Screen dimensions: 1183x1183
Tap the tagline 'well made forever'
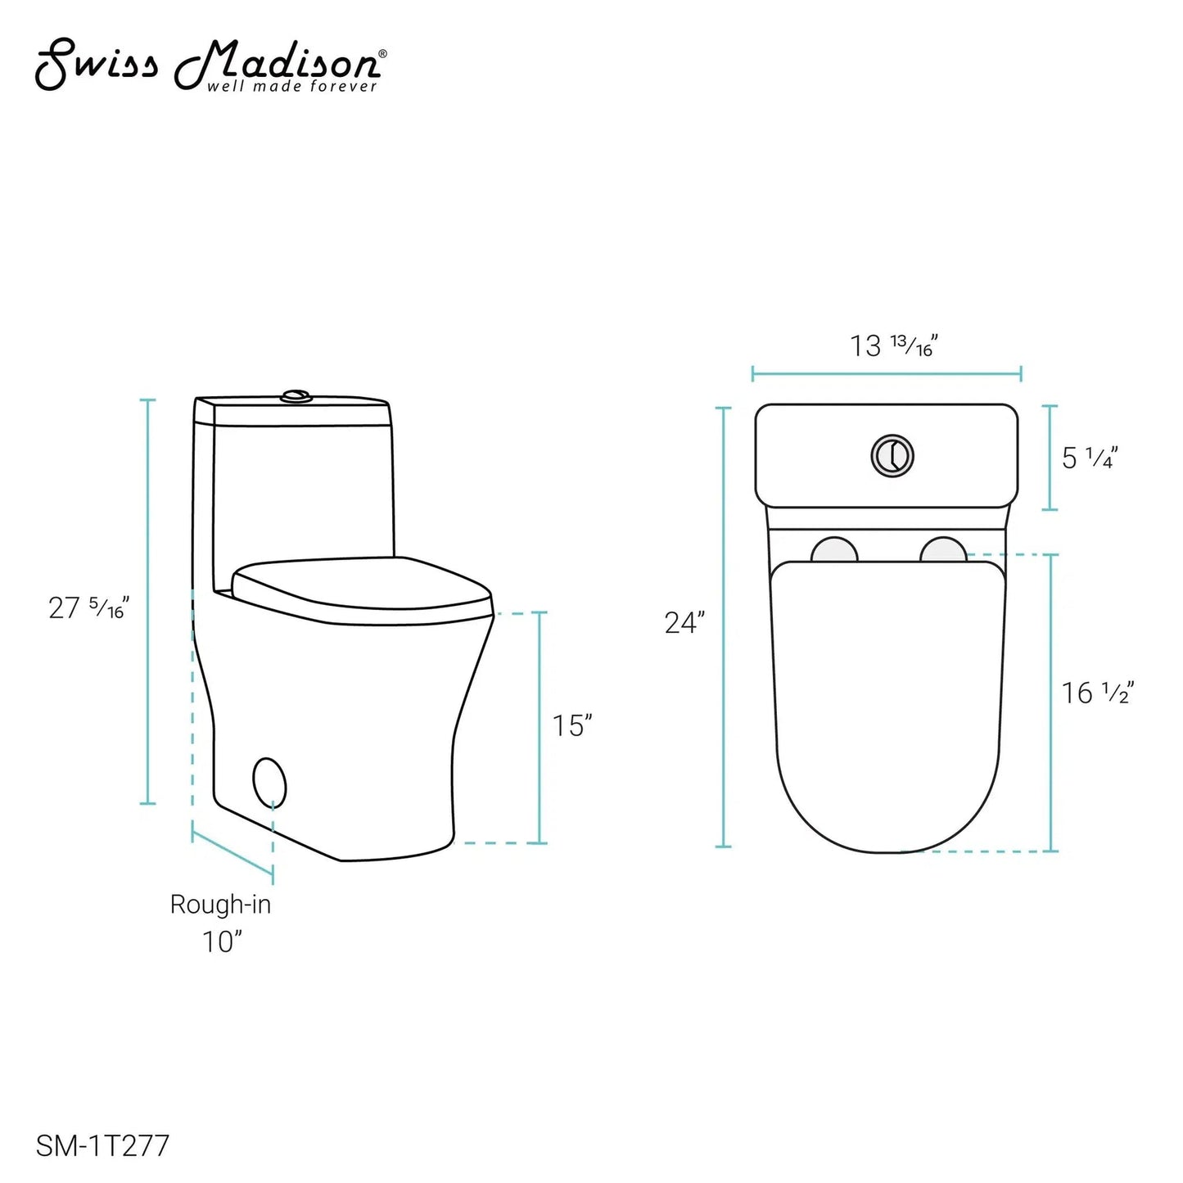pos(292,86)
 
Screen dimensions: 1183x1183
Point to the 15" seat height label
pos(573,725)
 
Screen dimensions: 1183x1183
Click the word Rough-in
pos(220,905)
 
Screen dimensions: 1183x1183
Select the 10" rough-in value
pos(222,941)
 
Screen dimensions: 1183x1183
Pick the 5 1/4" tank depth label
pos(1090,458)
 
